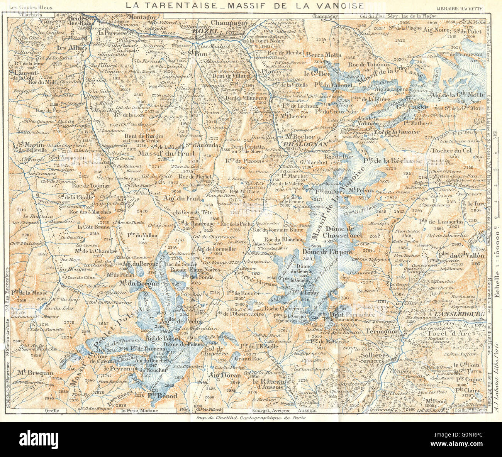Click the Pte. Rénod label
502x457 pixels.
162,396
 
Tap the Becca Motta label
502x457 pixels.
324,54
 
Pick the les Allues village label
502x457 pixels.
78,47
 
